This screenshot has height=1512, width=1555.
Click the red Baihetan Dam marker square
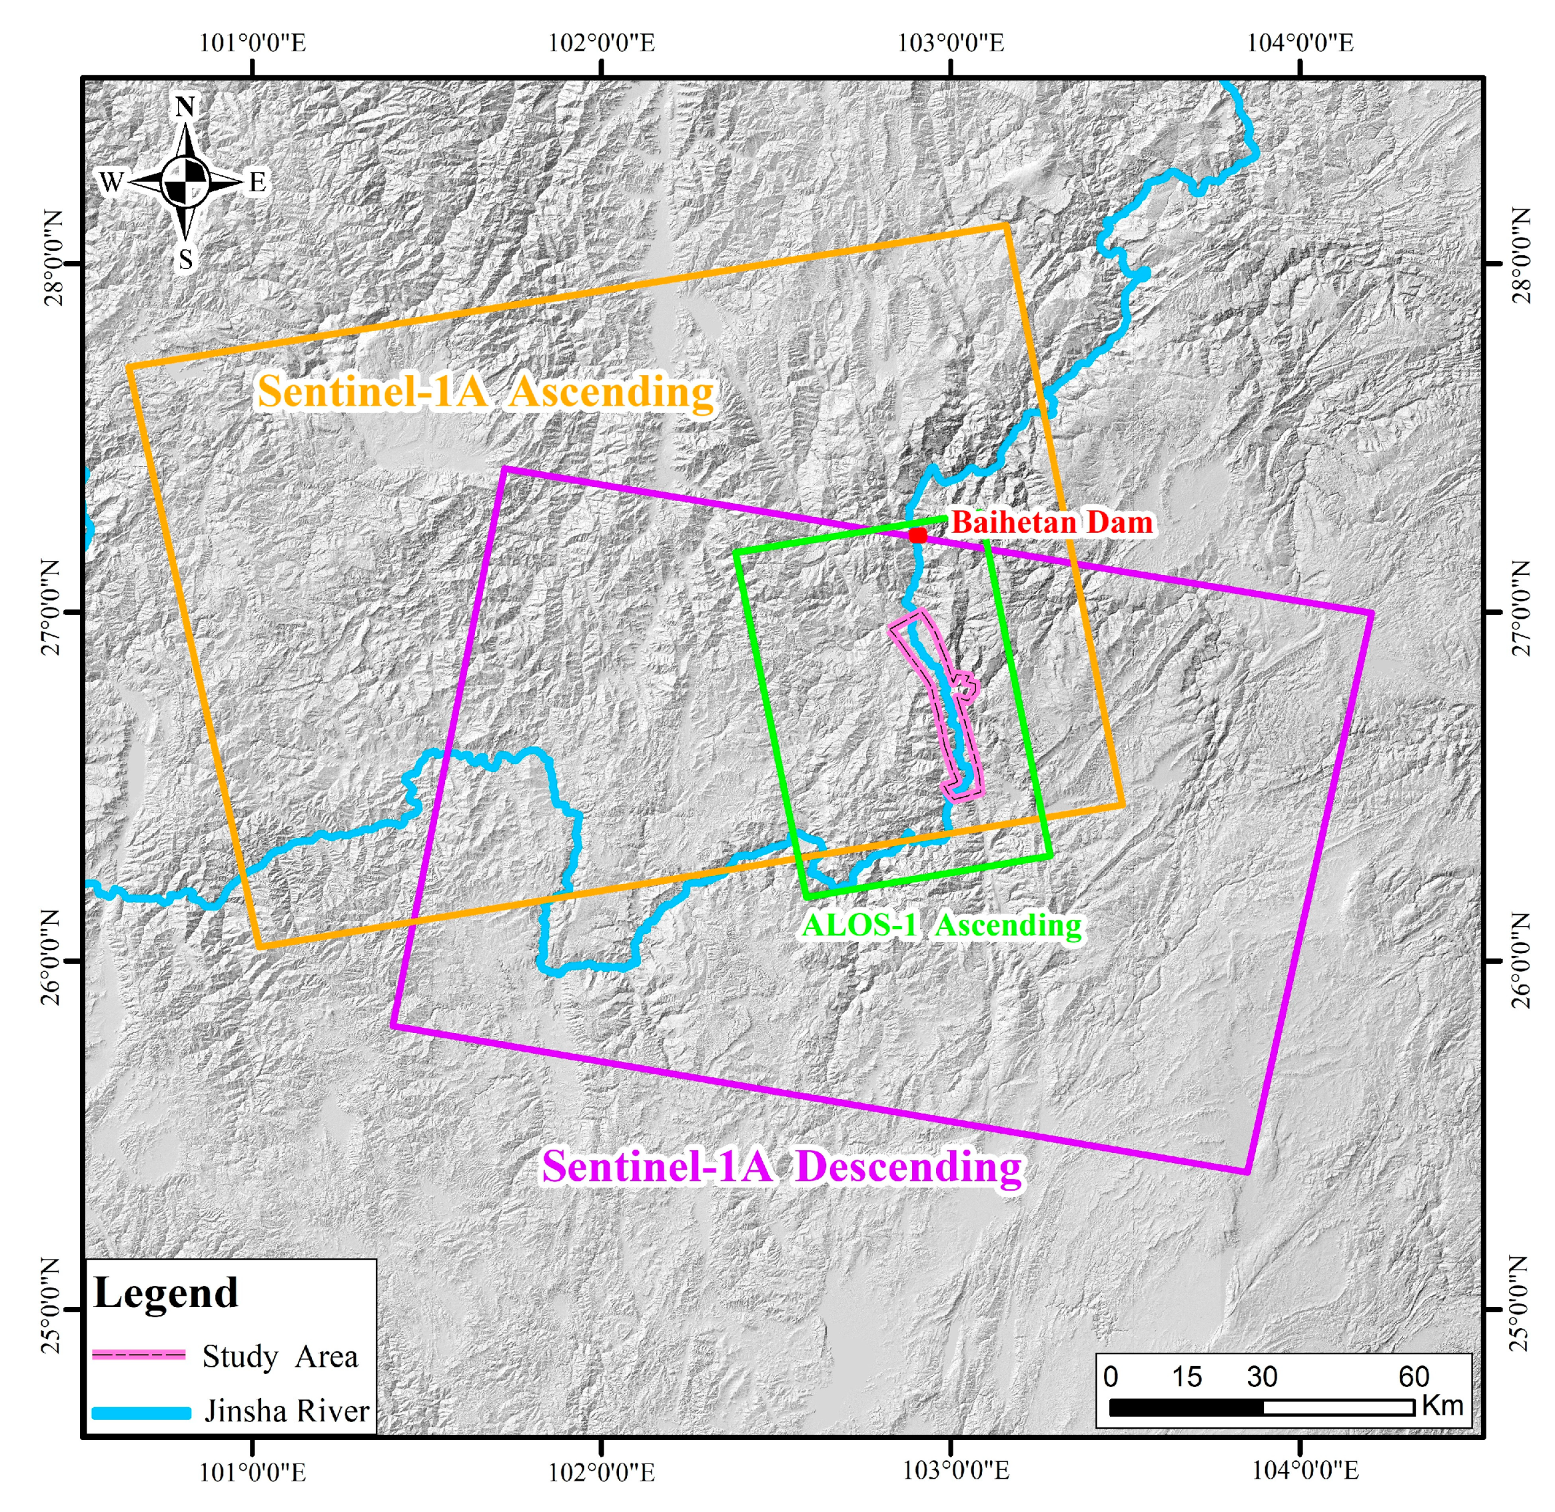click(917, 536)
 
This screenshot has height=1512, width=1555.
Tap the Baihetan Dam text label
click(1051, 522)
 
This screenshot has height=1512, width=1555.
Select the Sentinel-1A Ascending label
click(486, 392)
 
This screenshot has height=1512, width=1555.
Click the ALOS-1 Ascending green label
click(942, 925)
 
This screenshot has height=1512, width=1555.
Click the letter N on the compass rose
click(185, 107)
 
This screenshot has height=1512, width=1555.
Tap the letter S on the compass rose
click(185, 259)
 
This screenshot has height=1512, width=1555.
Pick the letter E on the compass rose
click(257, 183)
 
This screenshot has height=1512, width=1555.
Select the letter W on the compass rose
click(111, 182)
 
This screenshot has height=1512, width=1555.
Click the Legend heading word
click(166, 1293)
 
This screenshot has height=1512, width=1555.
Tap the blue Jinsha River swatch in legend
click(141, 1413)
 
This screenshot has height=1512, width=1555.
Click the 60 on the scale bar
click(1414, 1376)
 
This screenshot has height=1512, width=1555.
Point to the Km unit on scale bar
click(1442, 1405)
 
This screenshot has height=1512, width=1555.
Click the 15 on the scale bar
click(1187, 1376)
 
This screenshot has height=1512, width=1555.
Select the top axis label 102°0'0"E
click(602, 43)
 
